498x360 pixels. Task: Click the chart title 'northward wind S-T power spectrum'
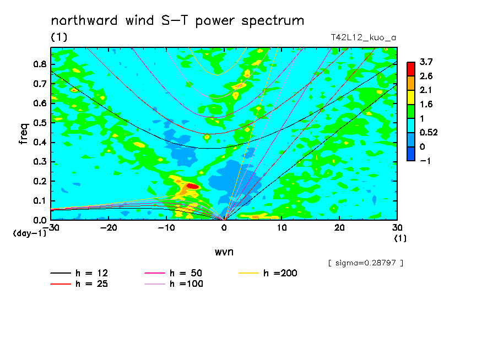[177, 21]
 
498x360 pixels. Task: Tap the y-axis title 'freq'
[24, 134]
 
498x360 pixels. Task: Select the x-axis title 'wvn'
[224, 252]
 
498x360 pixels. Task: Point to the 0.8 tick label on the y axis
[40, 64]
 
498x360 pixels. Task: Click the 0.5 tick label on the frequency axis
[40, 123]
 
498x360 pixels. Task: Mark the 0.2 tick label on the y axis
[40, 181]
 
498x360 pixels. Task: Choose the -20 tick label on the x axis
[109, 228]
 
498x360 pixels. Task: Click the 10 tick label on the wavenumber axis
[282, 228]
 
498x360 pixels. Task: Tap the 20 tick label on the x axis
[339, 228]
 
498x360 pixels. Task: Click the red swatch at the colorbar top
[411, 69]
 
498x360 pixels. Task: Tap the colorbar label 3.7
[426, 62]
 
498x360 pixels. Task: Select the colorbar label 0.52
[429, 133]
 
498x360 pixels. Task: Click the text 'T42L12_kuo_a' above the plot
[364, 38]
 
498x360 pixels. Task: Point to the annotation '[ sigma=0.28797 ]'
[366, 263]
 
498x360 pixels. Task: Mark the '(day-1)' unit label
[30, 233]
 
